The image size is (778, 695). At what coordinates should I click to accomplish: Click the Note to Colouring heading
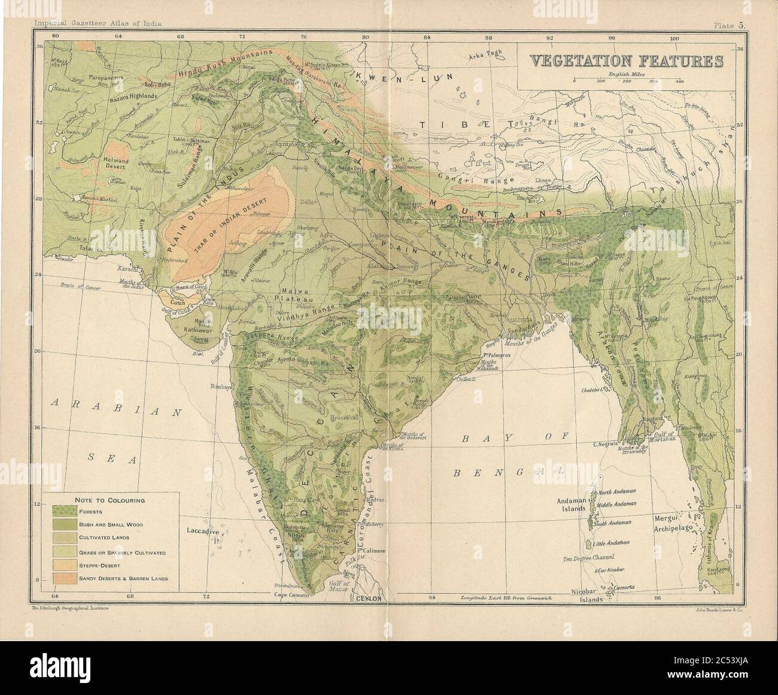click(110, 499)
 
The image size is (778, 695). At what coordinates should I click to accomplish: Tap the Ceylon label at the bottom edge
click(369, 598)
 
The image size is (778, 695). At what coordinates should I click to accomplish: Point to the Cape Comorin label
click(291, 596)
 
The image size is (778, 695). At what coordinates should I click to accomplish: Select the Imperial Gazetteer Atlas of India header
click(99, 25)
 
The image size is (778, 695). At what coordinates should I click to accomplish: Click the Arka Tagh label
click(484, 57)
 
